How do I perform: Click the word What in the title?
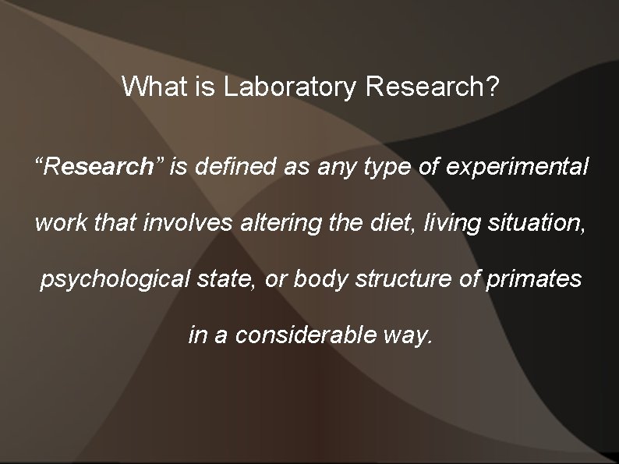(x=156, y=87)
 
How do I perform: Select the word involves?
(x=184, y=224)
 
